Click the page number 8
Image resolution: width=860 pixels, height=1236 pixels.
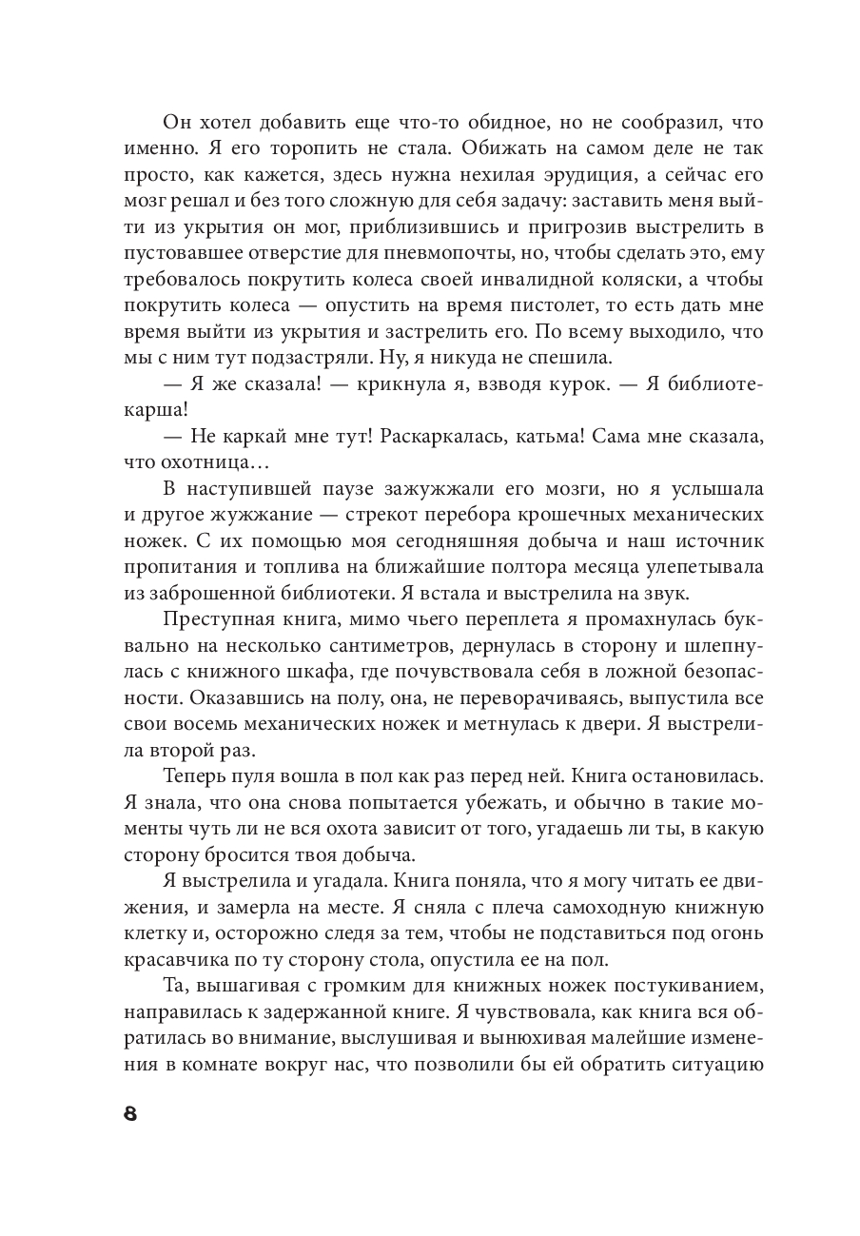pyautogui.click(x=130, y=1114)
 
